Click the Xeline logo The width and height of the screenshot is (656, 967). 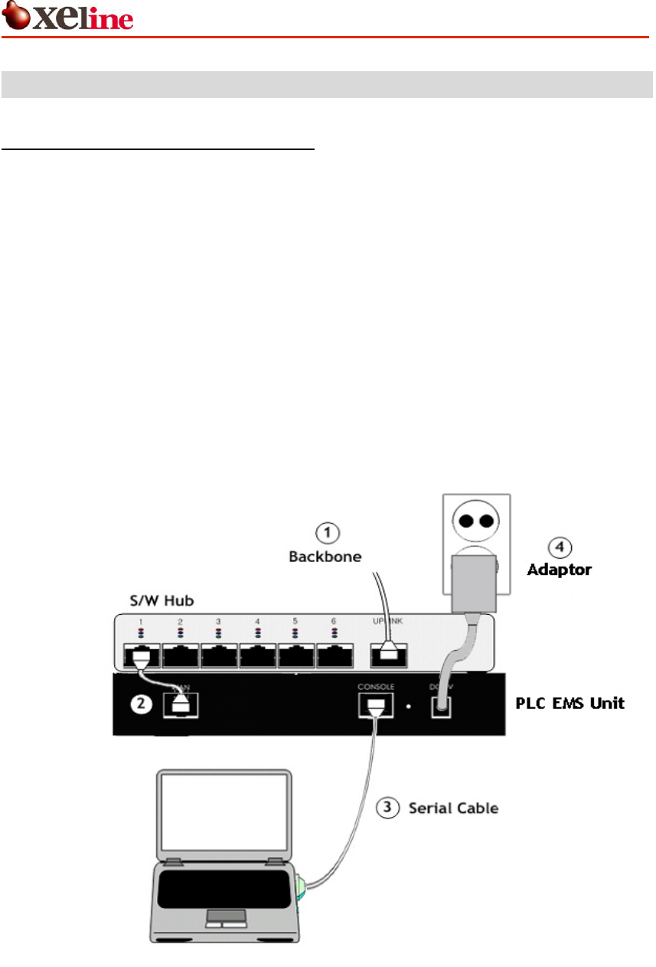[68, 17]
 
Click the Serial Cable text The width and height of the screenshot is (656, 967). [454, 807]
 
